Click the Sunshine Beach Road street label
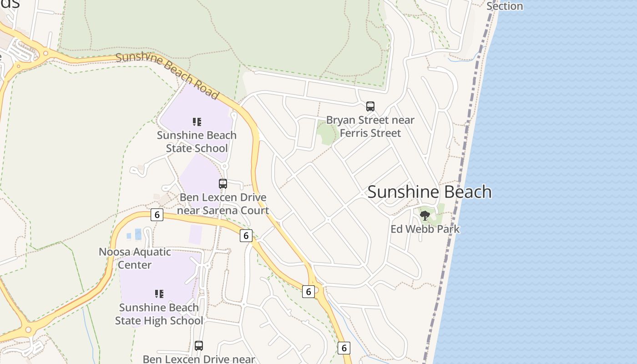point(167,76)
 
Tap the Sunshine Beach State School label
point(197,142)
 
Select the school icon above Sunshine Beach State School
point(197,122)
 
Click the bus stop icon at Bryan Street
point(370,106)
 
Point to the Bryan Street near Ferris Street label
point(370,126)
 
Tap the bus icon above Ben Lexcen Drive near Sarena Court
point(223,184)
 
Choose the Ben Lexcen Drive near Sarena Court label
point(223,204)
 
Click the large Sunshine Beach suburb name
point(429,192)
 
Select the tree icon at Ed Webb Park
point(425,215)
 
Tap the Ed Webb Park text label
point(425,229)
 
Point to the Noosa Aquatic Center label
point(135,258)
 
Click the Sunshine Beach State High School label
point(159,314)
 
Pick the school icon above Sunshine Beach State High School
point(159,294)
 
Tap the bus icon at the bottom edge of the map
point(199,346)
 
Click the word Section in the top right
point(505,6)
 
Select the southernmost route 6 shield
point(344,348)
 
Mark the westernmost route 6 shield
point(157,215)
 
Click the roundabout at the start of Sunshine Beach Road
point(45,54)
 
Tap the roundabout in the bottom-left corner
point(29,329)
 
